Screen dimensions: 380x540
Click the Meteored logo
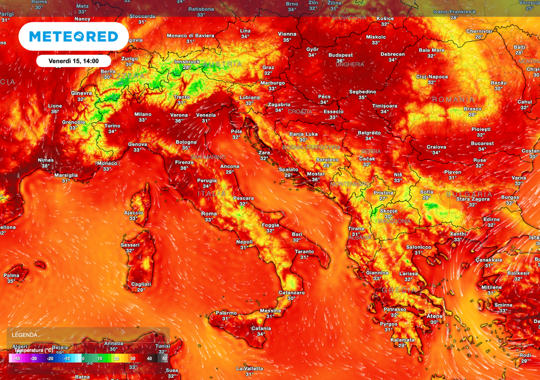coord(73,36)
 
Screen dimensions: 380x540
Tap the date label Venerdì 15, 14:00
coord(74,61)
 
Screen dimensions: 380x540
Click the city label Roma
coord(209,214)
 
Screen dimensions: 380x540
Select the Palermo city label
coord(226,312)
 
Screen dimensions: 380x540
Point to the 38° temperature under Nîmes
coord(46,166)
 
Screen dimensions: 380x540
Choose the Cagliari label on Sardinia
coord(141,284)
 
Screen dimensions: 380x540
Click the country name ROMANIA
coord(454,99)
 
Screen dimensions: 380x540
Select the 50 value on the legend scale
coord(165,358)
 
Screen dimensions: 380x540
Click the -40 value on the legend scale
coord(16,358)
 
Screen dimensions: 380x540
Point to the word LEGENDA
coord(25,335)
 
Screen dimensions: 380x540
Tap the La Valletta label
coord(249,368)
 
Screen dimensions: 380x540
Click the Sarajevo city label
coord(327,159)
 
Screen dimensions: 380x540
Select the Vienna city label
coord(287,34)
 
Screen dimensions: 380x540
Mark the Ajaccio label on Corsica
coord(133,213)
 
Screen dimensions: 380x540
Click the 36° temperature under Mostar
coord(316,179)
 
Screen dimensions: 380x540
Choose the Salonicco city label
coord(419,247)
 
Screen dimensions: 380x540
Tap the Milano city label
coord(142,114)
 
